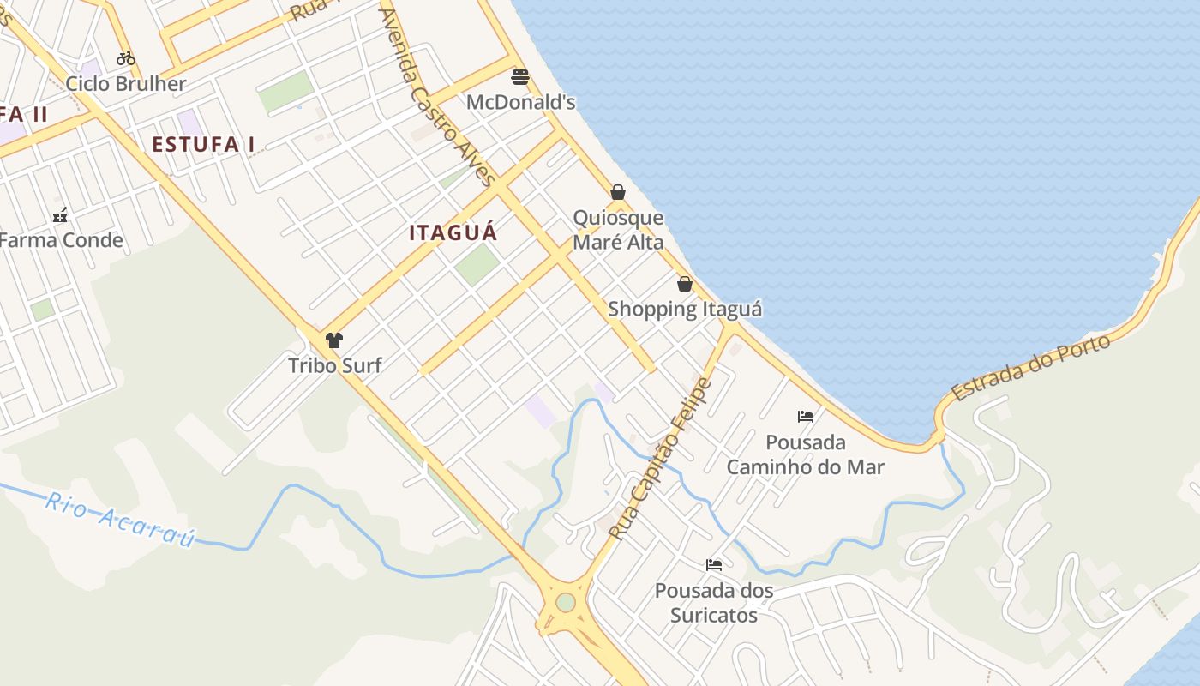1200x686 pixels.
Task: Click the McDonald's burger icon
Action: [519, 77]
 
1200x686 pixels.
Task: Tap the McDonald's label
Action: [520, 102]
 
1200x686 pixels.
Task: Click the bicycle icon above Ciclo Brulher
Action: [126, 58]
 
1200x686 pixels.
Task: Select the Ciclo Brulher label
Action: [126, 84]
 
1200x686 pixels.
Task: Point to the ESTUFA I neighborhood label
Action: [203, 145]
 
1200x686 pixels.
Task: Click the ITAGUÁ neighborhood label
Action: [453, 232]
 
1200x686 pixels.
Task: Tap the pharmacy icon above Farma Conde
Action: [60, 214]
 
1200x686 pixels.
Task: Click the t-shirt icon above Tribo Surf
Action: [334, 340]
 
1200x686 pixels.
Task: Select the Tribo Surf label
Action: [334, 365]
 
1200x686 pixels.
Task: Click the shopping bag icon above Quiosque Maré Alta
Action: [618, 192]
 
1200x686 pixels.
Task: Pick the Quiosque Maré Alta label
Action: [618, 230]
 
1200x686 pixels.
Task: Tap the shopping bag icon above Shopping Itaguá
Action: [685, 284]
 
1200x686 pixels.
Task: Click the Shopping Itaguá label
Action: [685, 309]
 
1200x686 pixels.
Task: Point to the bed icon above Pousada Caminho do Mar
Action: [806, 417]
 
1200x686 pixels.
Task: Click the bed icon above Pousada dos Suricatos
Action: [714, 564]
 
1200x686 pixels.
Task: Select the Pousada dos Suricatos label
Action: [714, 603]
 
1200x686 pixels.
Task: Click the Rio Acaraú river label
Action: [120, 518]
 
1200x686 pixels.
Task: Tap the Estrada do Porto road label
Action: [1031, 367]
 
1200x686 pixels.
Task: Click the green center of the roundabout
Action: [566, 602]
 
